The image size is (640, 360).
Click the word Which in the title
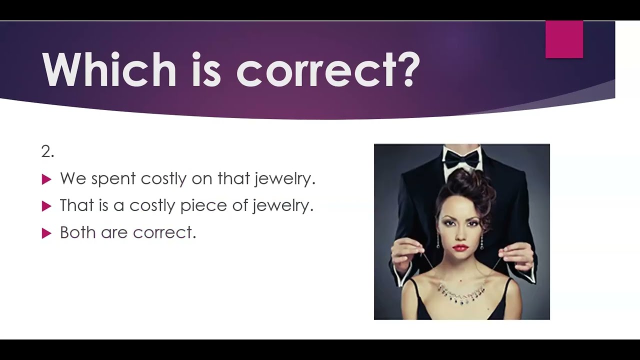pyautogui.click(x=109, y=69)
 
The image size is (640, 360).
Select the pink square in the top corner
pyautogui.click(x=564, y=39)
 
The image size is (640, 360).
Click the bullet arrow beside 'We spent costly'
pyautogui.click(x=46, y=179)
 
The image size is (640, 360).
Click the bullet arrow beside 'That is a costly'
pyautogui.click(x=46, y=206)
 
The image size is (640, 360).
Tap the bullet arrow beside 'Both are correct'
pyautogui.click(x=46, y=233)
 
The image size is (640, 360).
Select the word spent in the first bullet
pyautogui.click(x=113, y=179)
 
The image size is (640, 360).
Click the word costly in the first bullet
pyautogui.click(x=163, y=179)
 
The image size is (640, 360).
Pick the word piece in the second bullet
pyautogui.click(x=203, y=206)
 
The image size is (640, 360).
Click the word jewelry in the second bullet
pyautogui.click(x=283, y=206)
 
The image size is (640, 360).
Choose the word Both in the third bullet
pyautogui.click(x=77, y=232)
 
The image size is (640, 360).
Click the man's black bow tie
pyautogui.click(x=461, y=158)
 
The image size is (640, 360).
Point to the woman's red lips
pyautogui.click(x=460, y=248)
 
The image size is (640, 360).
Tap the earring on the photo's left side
pyautogui.click(x=438, y=241)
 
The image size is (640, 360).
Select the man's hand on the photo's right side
pyautogui.click(x=515, y=257)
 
